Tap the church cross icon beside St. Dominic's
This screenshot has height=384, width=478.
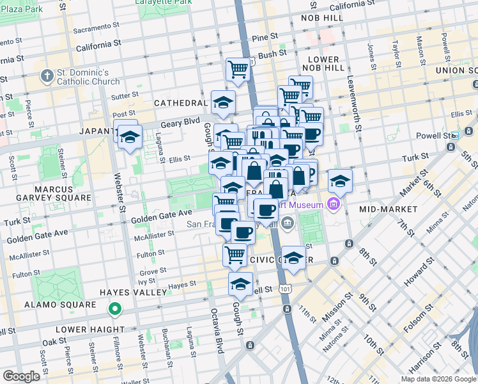47,77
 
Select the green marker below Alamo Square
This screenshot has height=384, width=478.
114,310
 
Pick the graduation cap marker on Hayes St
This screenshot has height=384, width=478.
240,284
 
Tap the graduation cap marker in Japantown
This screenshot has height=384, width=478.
130,138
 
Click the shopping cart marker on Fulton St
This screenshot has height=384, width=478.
235,254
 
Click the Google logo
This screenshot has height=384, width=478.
21,376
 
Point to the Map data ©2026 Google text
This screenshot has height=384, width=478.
438,379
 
